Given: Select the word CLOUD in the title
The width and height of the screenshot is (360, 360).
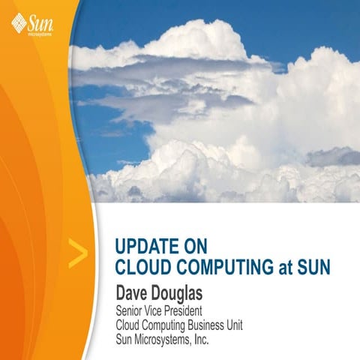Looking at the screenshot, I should coord(142,265).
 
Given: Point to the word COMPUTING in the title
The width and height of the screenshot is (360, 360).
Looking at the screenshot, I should coord(221,265).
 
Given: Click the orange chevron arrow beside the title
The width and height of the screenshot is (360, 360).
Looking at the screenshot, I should coord(77,255).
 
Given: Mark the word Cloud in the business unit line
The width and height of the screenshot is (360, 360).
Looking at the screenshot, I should coord(130,325).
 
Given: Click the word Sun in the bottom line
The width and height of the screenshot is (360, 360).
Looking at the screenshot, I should coord(125,340).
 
